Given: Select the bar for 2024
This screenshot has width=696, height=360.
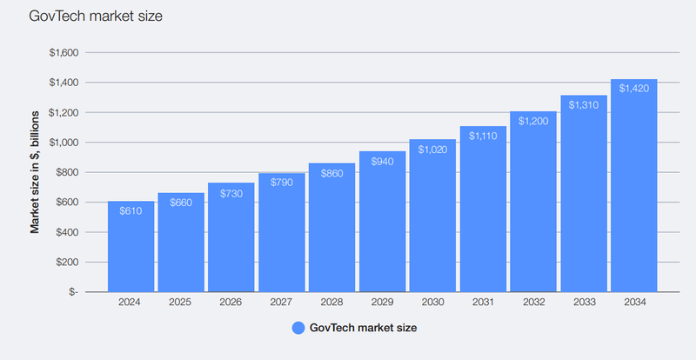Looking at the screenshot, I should click(131, 248).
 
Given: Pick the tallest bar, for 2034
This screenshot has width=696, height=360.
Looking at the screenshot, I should click(633, 191).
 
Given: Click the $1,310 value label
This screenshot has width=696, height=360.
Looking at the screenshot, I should click(584, 104).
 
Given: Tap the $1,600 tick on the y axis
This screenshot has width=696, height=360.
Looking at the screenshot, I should click(64, 53).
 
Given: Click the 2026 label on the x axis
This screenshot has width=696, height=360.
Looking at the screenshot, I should click(231, 303).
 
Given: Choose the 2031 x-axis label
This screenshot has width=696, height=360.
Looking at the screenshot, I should click(483, 303).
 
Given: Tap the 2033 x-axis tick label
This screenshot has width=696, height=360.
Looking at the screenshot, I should click(584, 303).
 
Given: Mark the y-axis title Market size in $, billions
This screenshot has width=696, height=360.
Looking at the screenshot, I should click(36, 172).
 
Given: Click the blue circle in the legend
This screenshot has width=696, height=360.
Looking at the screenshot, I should click(298, 328).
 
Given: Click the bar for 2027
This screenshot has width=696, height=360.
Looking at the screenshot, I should click(282, 235).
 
